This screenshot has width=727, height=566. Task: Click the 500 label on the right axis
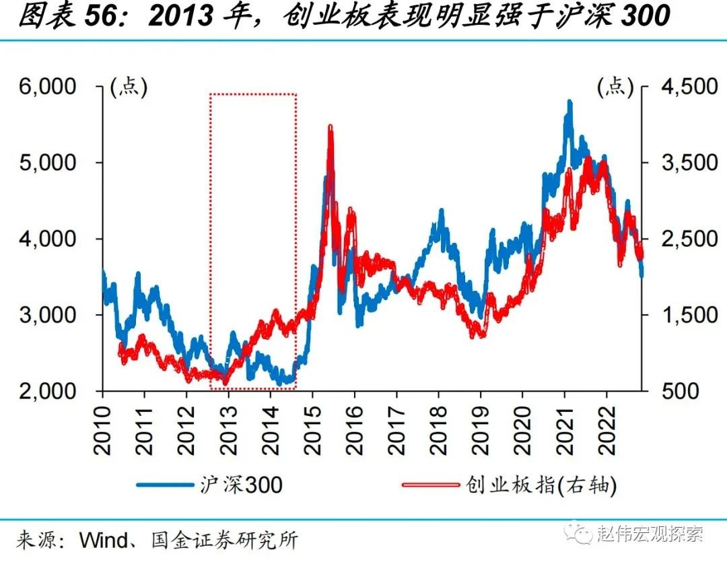673,391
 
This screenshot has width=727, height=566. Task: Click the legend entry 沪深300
241,484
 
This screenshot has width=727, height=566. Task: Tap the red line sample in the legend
430,485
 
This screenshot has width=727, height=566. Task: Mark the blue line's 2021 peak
569,103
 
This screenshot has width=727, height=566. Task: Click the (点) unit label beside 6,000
128,86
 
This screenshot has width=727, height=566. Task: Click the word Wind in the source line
102,540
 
